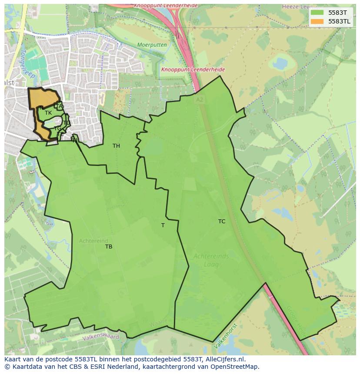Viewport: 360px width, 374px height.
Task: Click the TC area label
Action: pyautogui.click(x=222, y=222)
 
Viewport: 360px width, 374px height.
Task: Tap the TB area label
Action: pyautogui.click(x=109, y=247)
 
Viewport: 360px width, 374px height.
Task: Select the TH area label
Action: pyautogui.click(x=116, y=146)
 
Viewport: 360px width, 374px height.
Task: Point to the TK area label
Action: pyautogui.click(x=48, y=113)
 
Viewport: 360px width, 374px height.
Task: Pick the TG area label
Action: pyautogui.click(x=57, y=129)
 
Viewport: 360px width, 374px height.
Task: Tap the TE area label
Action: pyautogui.click(x=60, y=135)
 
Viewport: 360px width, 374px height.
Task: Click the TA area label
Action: pyautogui.click(x=60, y=106)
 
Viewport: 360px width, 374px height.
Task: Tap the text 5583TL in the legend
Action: pyautogui.click(x=340, y=21)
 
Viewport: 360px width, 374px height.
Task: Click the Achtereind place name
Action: pyautogui.click(x=93, y=241)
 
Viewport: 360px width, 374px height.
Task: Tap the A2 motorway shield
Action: pyautogui.click(x=199, y=99)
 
